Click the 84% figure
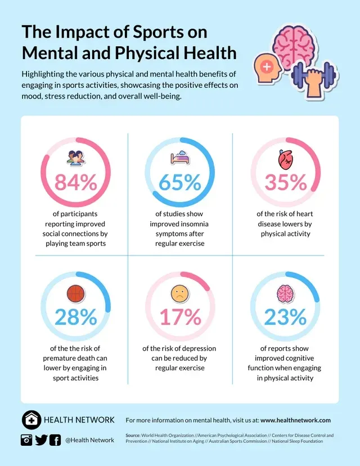coord(75,183)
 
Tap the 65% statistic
coord(180,183)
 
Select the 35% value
coord(285,183)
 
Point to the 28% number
coord(75,317)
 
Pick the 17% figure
coord(180,317)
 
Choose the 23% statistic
coord(285,317)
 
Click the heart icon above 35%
coord(286,161)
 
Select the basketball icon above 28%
coord(75,294)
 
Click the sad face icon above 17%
coord(180,294)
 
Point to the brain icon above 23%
coord(285,294)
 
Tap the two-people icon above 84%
coord(75,158)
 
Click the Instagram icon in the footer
coord(26,440)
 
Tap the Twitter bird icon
coord(41,440)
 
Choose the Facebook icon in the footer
coord(55,440)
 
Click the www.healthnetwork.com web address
coord(295,420)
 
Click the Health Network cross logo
coord(31,420)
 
